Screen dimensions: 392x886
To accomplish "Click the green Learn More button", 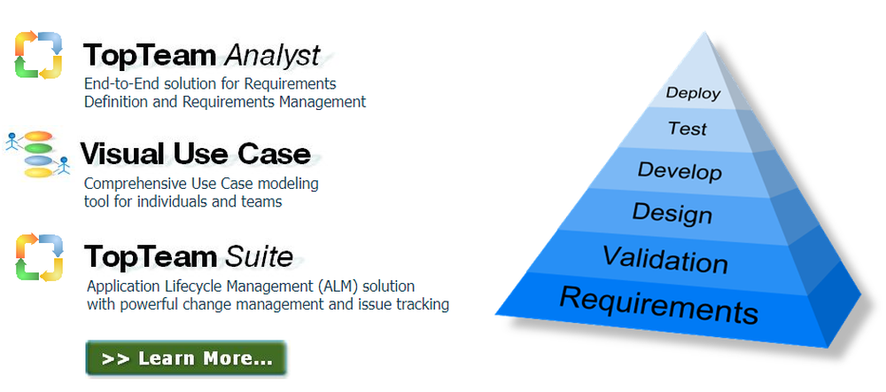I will pyautogui.click(x=186, y=358).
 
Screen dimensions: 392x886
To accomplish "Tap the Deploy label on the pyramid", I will pyautogui.click(x=693, y=92).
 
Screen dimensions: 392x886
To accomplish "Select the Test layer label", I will pyautogui.click(x=688, y=129).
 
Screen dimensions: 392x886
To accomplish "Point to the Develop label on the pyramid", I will pyautogui.click(x=680, y=170).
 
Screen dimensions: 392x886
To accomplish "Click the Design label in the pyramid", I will pyautogui.click(x=672, y=213).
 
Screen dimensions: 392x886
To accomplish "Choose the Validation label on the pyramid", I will pyautogui.click(x=664, y=260).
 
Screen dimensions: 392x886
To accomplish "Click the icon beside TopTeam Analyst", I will pyautogui.click(x=39, y=54).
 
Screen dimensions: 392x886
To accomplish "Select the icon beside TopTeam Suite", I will pyautogui.click(x=39, y=256).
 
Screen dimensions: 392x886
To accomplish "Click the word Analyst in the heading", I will pyautogui.click(x=271, y=56).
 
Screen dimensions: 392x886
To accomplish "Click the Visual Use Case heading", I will pyautogui.click(x=196, y=154).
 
